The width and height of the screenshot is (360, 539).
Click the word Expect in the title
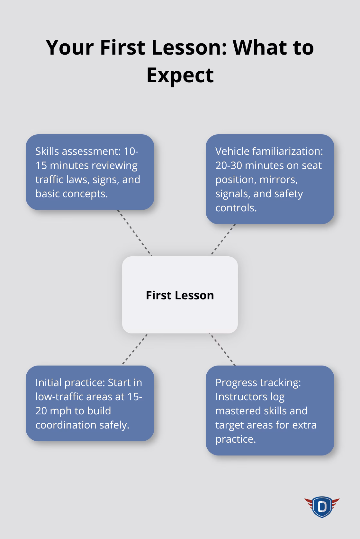click(x=180, y=75)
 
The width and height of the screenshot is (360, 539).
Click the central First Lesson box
click(x=180, y=295)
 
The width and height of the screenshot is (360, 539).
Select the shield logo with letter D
click(x=322, y=507)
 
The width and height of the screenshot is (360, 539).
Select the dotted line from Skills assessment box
click(x=134, y=233)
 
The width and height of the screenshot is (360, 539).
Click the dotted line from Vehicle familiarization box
click(x=223, y=240)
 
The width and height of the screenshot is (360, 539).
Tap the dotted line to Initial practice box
click(x=135, y=349)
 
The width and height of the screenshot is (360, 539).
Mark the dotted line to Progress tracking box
click(x=222, y=349)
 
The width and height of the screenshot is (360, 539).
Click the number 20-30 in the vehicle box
click(x=229, y=165)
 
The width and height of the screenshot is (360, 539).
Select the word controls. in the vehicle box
click(x=236, y=208)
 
